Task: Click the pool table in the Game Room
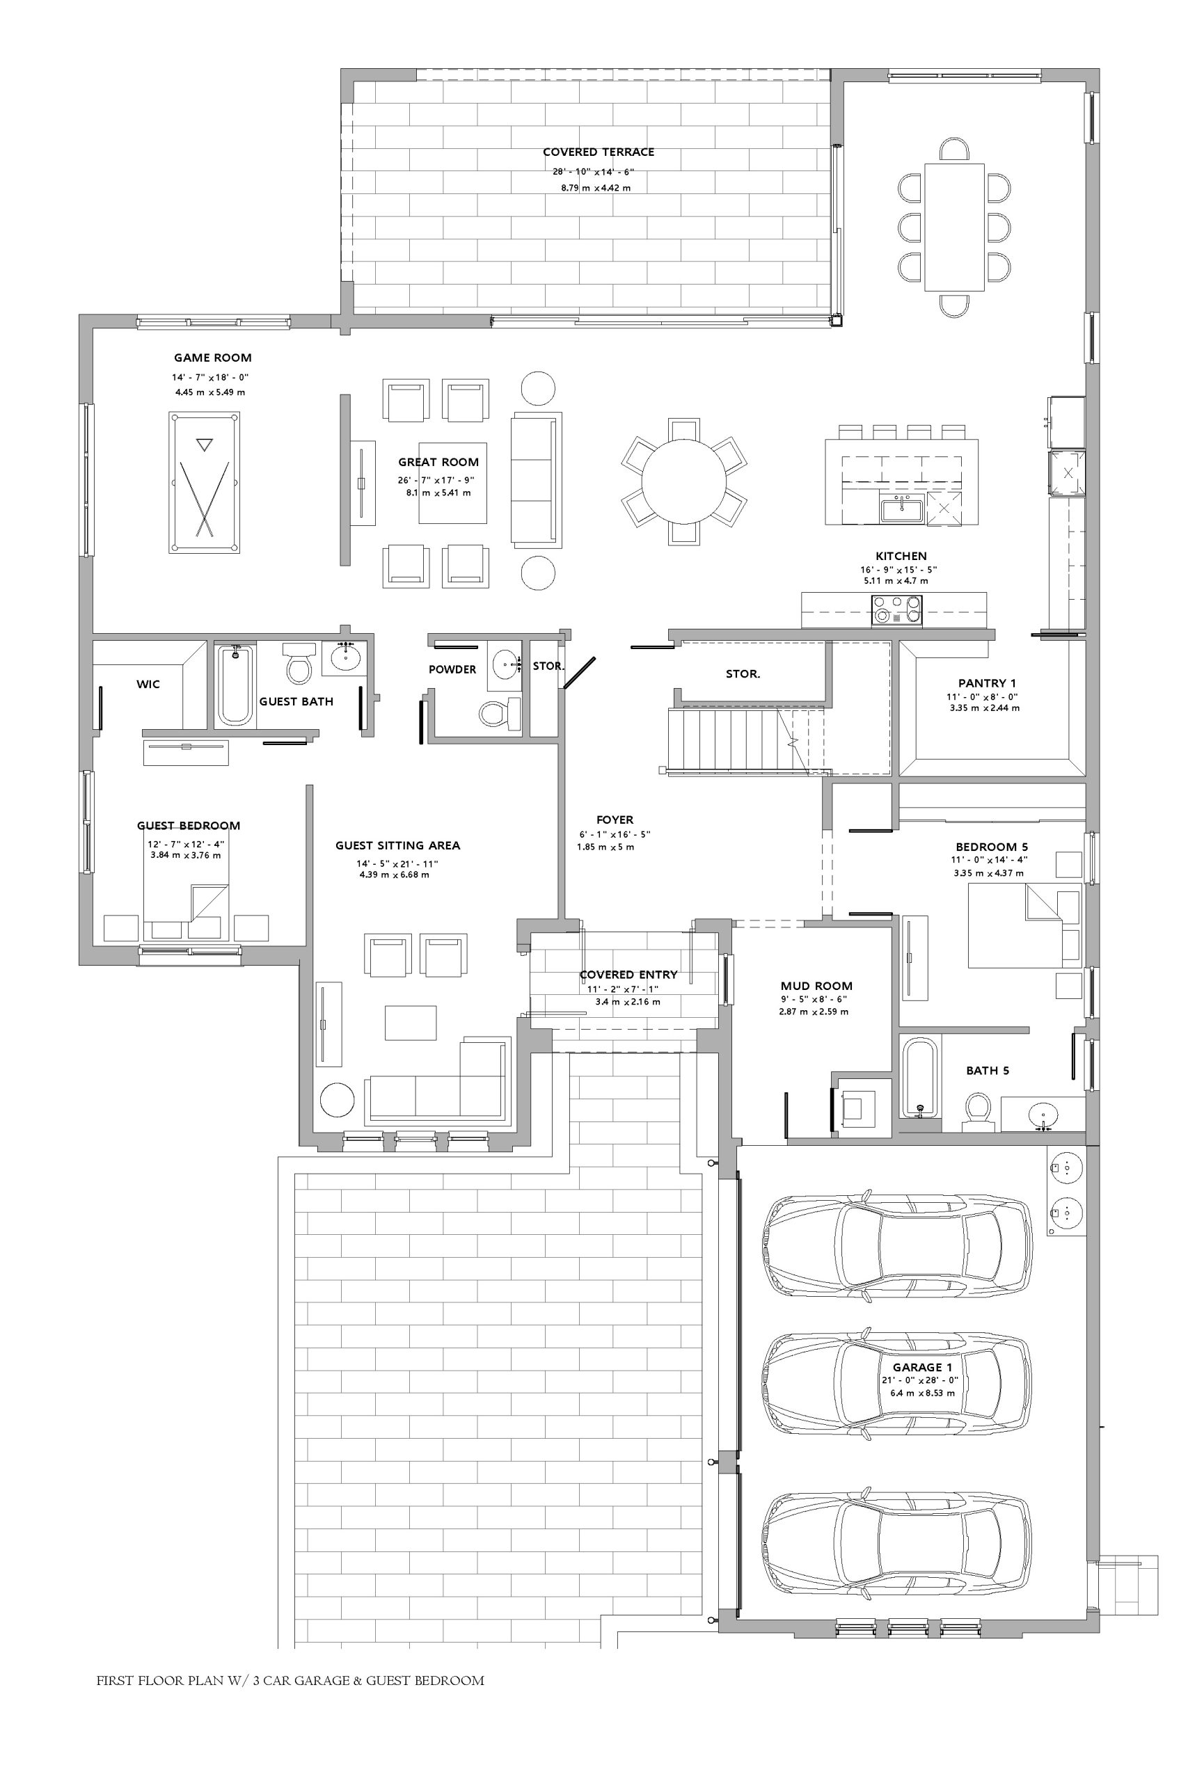[204, 482]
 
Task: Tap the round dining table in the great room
[683, 481]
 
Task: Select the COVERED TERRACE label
[599, 152]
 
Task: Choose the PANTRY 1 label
[988, 683]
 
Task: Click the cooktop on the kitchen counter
[897, 610]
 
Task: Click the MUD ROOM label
[817, 986]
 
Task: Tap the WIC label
[148, 685]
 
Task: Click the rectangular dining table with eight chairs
[954, 227]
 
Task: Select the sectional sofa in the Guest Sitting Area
[436, 1080]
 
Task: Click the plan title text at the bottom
[290, 1680]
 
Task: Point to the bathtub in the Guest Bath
[235, 685]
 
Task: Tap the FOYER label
[615, 820]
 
